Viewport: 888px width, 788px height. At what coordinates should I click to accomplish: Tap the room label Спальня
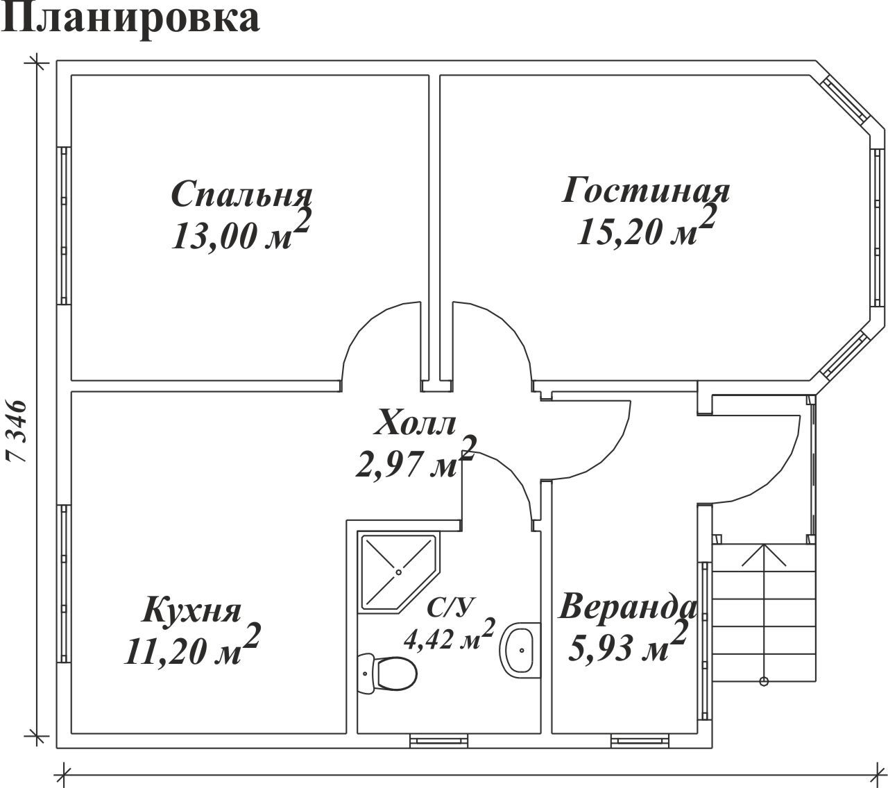241,194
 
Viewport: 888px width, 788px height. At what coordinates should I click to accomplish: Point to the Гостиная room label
646,190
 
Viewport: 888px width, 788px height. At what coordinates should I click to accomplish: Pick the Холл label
415,422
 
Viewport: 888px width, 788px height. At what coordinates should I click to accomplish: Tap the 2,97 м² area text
416,458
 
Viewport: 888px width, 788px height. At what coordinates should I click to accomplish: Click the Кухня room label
191,609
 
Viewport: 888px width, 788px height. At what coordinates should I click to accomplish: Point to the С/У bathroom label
450,607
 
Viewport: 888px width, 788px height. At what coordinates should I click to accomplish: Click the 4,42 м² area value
450,634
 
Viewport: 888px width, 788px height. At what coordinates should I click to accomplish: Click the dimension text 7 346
17,431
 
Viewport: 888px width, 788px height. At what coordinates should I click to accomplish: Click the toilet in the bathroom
387,674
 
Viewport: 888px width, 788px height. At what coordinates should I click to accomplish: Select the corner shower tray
398,572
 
